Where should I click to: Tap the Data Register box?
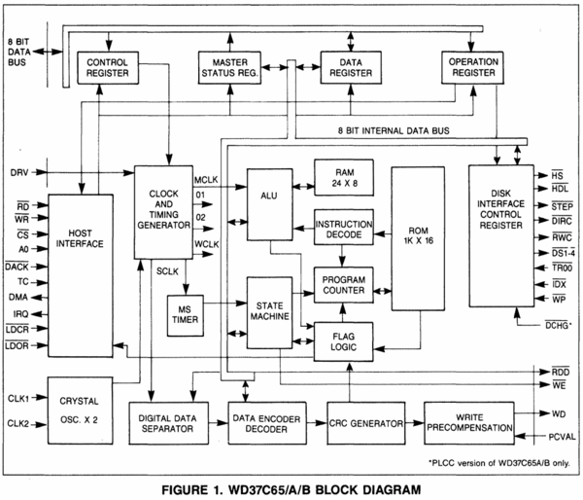[351, 66]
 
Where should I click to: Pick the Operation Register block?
[472, 66]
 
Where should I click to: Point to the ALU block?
[269, 195]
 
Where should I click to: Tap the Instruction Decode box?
[343, 230]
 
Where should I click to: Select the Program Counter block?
[343, 283]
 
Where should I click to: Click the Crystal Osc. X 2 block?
[79, 409]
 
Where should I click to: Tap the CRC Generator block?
[365, 424]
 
